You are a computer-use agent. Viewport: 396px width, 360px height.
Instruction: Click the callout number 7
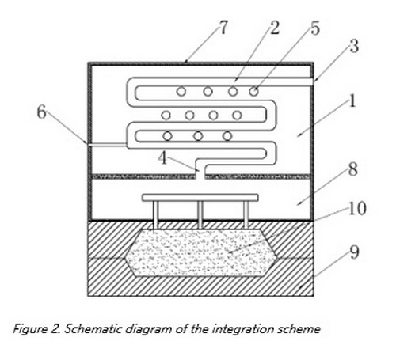click(x=223, y=28)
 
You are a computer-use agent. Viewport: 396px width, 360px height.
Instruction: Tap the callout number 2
click(x=275, y=28)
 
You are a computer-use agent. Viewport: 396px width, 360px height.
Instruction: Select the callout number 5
click(x=315, y=28)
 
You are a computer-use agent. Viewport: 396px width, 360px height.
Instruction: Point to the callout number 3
click(x=354, y=46)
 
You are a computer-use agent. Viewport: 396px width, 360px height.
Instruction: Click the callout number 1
click(x=352, y=100)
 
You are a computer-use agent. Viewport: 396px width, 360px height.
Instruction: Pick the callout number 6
click(x=41, y=112)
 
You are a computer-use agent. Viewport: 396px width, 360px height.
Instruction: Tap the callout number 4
click(x=162, y=158)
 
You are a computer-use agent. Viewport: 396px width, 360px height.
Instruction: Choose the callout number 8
click(x=353, y=169)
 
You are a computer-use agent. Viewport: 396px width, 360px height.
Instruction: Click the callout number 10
click(x=357, y=208)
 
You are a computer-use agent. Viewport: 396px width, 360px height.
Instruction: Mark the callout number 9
click(x=354, y=252)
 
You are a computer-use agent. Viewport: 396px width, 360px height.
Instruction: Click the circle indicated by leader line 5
click(x=254, y=92)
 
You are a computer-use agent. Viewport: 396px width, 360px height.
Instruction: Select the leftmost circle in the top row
click(x=181, y=92)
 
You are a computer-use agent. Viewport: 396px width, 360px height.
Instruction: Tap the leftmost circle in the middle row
click(x=166, y=116)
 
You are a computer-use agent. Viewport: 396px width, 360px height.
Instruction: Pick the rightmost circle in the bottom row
click(x=227, y=136)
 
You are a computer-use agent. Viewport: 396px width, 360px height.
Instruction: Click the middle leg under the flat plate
click(x=200, y=214)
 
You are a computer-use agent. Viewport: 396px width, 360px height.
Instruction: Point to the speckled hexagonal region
click(x=201, y=252)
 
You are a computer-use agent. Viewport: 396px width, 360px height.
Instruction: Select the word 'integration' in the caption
click(x=243, y=330)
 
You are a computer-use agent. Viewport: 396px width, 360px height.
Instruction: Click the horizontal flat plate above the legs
click(x=200, y=198)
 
